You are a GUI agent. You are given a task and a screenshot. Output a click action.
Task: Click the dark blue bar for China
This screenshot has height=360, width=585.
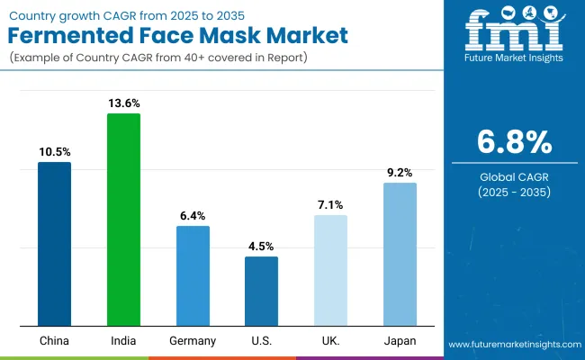point(54,244)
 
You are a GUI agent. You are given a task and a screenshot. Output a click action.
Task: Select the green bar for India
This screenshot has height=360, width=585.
point(123,220)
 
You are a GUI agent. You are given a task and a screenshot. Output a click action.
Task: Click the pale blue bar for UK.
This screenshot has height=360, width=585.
point(330,270)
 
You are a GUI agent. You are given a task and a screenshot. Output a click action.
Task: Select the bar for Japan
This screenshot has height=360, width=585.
point(400,254)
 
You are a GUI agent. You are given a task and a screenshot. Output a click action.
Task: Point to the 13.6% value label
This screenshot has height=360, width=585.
point(123,103)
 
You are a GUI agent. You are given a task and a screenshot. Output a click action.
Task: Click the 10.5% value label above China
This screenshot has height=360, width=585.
point(54,152)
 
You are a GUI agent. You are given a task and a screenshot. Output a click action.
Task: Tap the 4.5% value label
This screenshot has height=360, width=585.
point(262,247)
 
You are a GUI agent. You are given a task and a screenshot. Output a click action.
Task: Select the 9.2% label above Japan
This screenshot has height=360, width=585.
point(400,173)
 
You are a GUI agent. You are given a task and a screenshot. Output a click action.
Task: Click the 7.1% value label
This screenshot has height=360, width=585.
point(330,205)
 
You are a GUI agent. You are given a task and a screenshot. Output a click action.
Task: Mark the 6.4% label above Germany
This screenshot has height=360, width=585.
point(193,216)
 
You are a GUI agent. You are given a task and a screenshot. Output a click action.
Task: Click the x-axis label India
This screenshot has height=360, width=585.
point(123,341)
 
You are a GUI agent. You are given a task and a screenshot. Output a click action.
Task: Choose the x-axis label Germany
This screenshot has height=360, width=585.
point(193,341)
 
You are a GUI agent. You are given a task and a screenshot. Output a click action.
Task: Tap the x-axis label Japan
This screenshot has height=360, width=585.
point(400,341)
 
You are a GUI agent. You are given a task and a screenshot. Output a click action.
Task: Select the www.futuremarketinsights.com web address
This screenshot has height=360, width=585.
point(513,345)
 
